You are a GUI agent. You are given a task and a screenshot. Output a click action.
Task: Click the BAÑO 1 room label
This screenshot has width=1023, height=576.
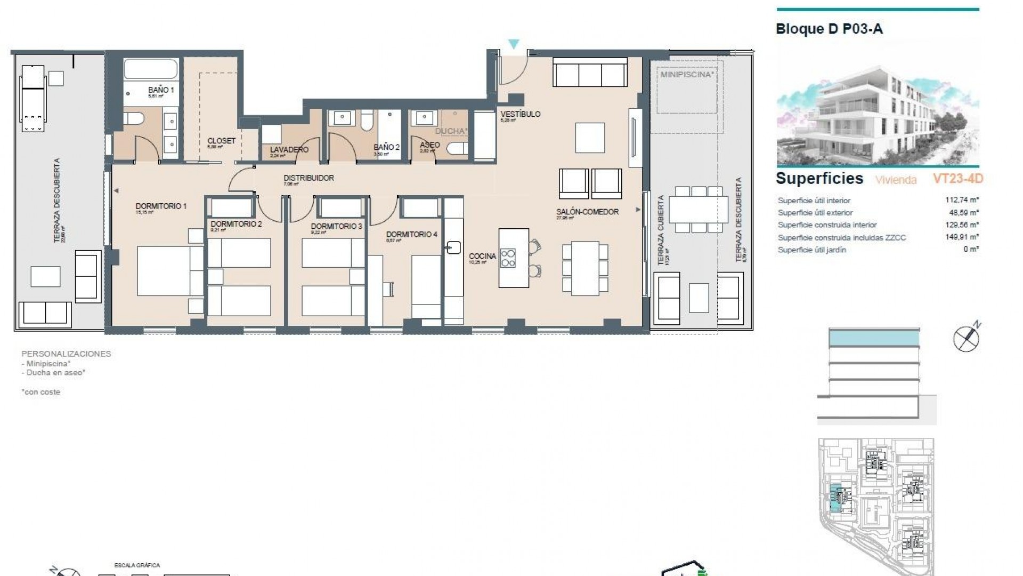tap(161, 90)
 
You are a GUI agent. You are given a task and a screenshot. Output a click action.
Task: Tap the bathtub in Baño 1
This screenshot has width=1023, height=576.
tap(151, 69)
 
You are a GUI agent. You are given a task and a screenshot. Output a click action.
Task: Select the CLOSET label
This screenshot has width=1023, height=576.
tap(221, 141)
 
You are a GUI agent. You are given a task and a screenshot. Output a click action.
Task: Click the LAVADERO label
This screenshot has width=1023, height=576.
tap(289, 150)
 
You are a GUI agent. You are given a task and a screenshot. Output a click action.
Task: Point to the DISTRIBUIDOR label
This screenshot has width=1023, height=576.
tap(308, 178)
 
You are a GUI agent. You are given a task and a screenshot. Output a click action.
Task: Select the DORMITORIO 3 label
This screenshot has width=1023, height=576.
tap(336, 227)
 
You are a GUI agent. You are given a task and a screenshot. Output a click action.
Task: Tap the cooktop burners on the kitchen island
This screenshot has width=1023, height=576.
tap(508, 258)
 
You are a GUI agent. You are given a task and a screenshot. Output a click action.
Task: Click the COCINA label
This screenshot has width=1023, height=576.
tap(482, 257)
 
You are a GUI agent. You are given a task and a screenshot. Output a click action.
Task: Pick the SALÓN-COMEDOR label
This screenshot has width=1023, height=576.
tap(587, 212)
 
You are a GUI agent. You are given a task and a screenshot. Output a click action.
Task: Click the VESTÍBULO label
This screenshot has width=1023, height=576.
tap(520, 114)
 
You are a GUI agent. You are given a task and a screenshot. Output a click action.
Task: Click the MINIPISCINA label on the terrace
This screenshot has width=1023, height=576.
tap(686, 75)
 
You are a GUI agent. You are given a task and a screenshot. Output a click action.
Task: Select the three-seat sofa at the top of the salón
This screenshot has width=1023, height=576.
tap(589, 73)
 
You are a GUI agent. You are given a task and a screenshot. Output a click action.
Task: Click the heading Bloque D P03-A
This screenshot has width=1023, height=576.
tap(829, 29)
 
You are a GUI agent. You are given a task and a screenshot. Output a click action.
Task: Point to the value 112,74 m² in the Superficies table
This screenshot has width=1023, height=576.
tap(962, 201)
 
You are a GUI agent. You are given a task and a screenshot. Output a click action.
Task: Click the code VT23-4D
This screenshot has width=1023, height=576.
tap(957, 179)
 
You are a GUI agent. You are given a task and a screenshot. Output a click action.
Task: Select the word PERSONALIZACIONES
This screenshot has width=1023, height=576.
tap(66, 354)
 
